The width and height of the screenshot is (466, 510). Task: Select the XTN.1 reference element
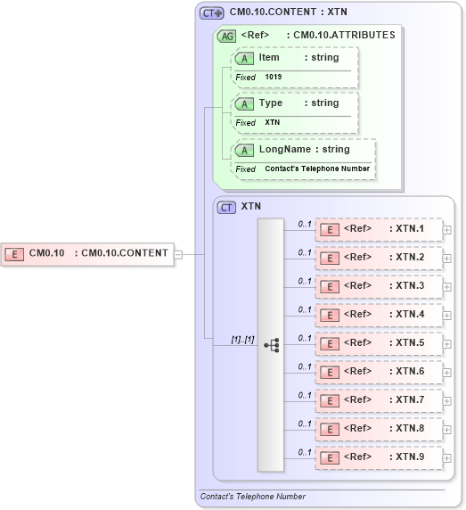click(379, 229)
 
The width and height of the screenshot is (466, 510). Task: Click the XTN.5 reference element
click(379, 343)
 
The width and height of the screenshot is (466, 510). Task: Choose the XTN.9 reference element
click(379, 457)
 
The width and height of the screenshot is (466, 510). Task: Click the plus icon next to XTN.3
click(447, 287)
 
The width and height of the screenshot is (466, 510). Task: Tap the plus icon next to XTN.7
click(447, 401)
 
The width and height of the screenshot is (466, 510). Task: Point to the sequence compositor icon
click(271, 344)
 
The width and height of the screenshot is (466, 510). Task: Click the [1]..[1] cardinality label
click(242, 339)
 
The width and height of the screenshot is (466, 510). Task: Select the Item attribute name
click(269, 58)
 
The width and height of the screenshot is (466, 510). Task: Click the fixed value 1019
click(274, 78)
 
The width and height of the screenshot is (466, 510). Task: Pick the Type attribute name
click(271, 103)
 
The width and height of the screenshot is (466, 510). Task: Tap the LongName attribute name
click(284, 150)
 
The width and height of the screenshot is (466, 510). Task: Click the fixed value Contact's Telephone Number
click(317, 169)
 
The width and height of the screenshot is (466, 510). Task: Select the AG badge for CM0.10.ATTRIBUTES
click(227, 36)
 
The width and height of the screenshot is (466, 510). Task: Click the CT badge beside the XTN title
click(227, 206)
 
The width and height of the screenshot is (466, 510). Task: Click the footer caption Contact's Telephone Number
click(253, 497)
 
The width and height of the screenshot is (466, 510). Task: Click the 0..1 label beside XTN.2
click(305, 252)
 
